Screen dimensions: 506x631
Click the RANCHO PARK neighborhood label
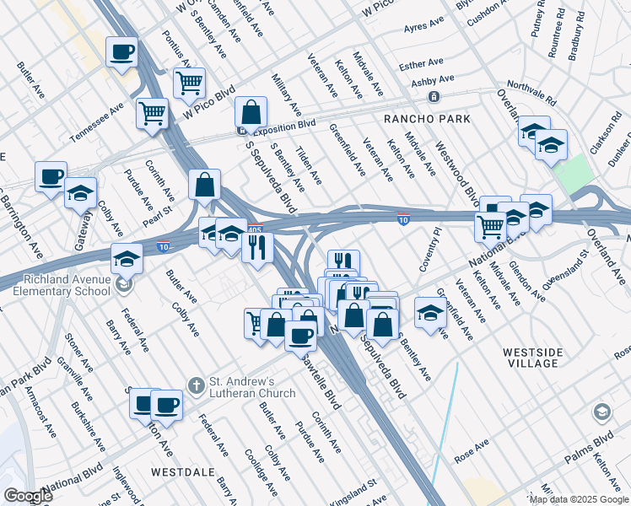click(x=427, y=119)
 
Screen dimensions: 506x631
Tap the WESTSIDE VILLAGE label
click(x=542, y=357)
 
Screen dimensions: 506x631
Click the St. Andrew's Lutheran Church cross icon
click(x=196, y=385)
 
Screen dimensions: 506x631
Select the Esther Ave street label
click(x=421, y=63)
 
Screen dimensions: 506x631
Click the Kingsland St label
click(x=353, y=490)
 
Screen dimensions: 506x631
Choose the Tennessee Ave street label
click(x=97, y=121)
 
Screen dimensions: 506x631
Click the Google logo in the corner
click(x=28, y=495)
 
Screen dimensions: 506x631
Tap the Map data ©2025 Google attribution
click(x=577, y=500)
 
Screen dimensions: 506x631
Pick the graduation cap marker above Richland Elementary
click(x=127, y=257)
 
